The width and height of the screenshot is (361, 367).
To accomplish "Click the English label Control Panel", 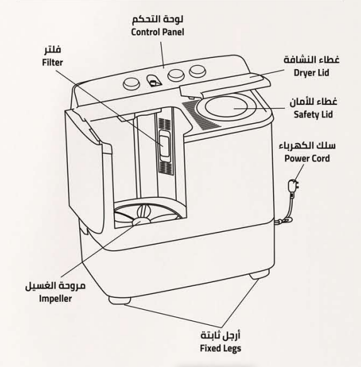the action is pyautogui.click(x=157, y=32).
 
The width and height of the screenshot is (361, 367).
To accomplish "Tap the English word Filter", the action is pyautogui.click(x=52, y=62).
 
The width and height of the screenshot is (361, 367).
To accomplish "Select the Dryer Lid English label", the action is pyautogui.click(x=311, y=73).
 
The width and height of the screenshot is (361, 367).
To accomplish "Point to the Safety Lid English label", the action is pyautogui.click(x=313, y=114).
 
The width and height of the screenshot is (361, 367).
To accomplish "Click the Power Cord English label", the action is pyautogui.click(x=307, y=158).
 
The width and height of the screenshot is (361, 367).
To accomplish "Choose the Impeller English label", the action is pyautogui.click(x=55, y=299).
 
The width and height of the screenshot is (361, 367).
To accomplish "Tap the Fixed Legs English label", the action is pyautogui.click(x=221, y=348).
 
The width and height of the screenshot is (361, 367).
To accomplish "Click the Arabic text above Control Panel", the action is pyautogui.click(x=157, y=19).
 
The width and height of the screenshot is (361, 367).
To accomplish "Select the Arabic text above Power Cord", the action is pyautogui.click(x=307, y=146).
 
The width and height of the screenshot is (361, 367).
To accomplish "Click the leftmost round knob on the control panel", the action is pyautogui.click(x=131, y=84).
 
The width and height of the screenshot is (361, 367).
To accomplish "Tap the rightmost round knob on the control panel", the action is pyautogui.click(x=197, y=71).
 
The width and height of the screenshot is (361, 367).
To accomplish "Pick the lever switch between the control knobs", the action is pyautogui.click(x=154, y=81).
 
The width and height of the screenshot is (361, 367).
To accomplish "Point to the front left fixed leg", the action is pyautogui.click(x=119, y=300).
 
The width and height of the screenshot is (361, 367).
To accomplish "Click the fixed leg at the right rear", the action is pyautogui.click(x=259, y=275).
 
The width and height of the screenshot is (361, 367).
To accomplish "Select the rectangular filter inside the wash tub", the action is pyautogui.click(x=165, y=146).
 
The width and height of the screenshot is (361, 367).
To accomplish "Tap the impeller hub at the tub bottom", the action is pyautogui.click(x=141, y=221).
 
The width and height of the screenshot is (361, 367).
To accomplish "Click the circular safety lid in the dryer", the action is pyautogui.click(x=231, y=106).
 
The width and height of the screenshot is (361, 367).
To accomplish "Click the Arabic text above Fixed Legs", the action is pyautogui.click(x=221, y=336).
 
